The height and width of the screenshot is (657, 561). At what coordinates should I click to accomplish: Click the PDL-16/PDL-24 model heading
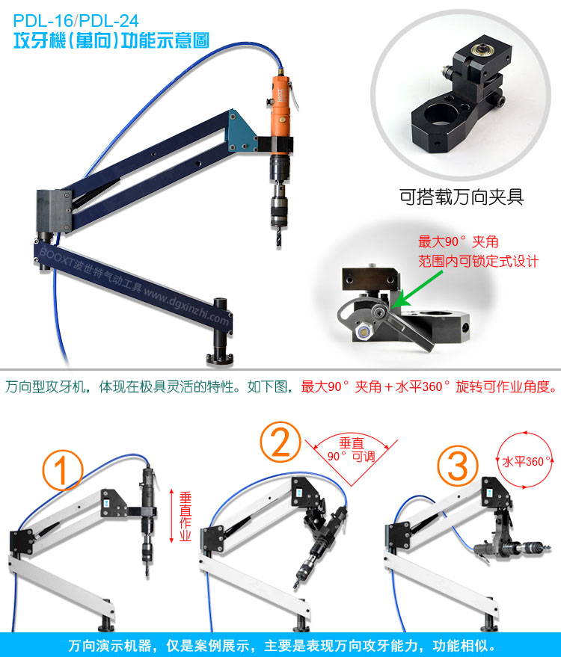pos(76,20)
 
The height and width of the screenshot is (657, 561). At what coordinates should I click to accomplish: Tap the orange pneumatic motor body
pos(280,106)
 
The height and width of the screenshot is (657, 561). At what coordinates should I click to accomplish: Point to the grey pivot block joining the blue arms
pos(54,211)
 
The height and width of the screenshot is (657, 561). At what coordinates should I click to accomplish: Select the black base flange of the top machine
pos(220,359)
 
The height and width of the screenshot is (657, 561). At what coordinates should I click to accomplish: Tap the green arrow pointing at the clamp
pos(417,289)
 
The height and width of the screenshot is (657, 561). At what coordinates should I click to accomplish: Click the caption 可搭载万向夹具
pos(462,197)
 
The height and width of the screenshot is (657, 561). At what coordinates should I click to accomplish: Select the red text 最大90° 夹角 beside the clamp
pos(459,241)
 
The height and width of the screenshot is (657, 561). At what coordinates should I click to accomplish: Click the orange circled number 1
pos(63,470)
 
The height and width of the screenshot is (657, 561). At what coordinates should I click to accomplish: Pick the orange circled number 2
pos(280,442)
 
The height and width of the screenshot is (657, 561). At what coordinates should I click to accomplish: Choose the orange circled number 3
pos(458,466)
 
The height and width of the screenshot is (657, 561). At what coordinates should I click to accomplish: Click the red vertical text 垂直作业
pos(185,516)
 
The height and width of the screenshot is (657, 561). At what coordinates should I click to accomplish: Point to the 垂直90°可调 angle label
pos(352,450)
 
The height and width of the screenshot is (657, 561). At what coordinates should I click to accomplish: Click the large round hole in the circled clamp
pos(440,114)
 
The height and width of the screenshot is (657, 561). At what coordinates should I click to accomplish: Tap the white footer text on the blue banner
pos(282,645)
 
